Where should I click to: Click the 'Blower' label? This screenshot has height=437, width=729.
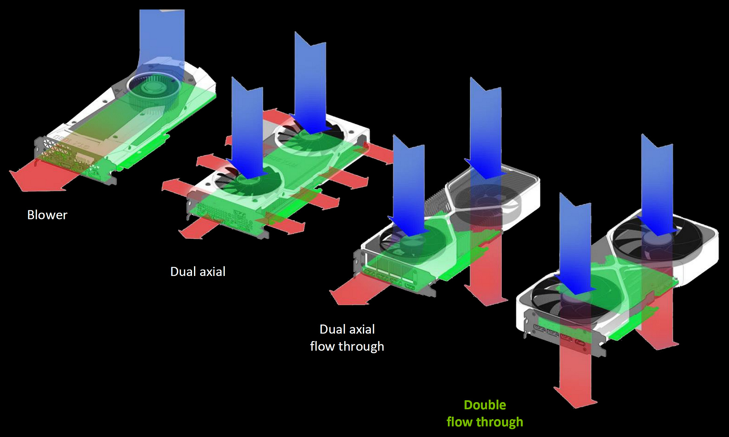point(47,215)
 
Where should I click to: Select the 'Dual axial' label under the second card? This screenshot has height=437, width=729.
point(198,272)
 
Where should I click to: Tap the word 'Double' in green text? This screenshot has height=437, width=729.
point(485,405)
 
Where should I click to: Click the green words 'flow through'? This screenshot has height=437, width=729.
point(485,422)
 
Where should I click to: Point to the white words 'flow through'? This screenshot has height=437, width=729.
point(347,346)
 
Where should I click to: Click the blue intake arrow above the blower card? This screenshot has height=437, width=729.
point(162,36)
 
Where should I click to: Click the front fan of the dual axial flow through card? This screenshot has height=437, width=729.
point(409,243)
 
